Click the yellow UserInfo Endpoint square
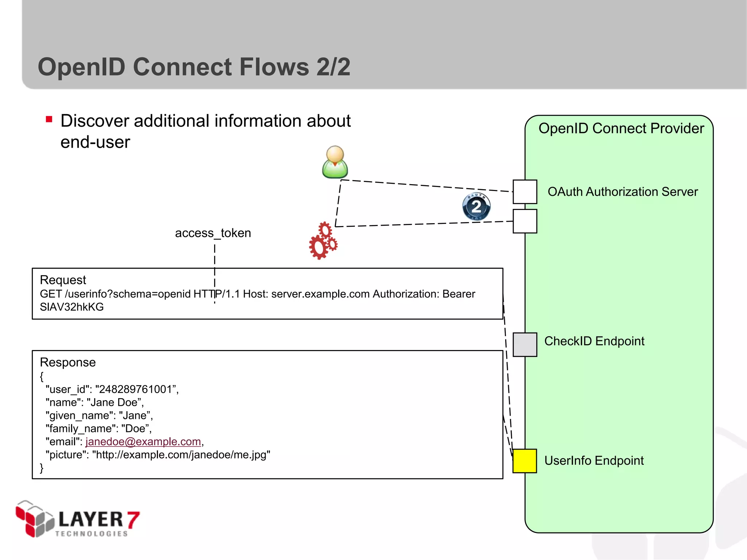point(525,461)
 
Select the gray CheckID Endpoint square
point(525,345)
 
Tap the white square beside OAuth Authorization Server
point(525,192)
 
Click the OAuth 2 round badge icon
point(476,207)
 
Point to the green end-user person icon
point(335,162)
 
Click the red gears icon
point(323,241)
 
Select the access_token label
point(213,233)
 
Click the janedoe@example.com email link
point(143,442)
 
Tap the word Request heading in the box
point(63,280)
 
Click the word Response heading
point(67,362)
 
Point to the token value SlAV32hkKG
point(71,307)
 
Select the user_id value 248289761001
point(135,389)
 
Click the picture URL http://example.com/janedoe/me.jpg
point(181,455)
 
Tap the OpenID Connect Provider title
point(621,128)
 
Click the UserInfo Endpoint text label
point(594,461)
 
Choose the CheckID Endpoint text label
point(594,341)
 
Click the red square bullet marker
point(49,119)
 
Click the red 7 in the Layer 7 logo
point(133,520)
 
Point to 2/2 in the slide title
point(333,67)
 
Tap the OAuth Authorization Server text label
point(622,192)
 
